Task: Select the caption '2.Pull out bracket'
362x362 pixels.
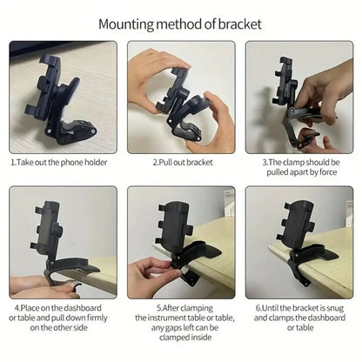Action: pos(180,162)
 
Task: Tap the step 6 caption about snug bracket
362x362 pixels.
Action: pos(298,317)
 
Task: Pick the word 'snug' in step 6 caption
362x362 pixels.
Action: pos(332,307)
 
